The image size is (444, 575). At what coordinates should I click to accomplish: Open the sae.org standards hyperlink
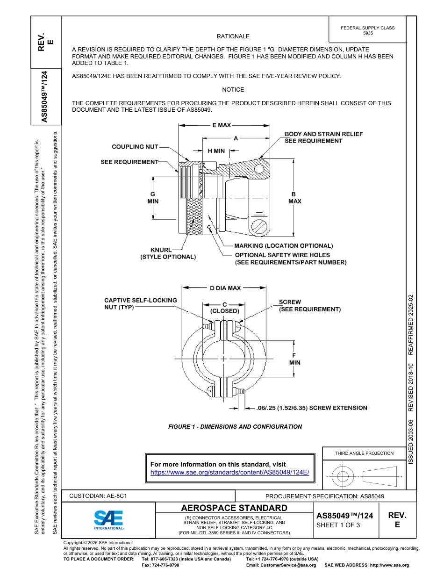click(x=229, y=473)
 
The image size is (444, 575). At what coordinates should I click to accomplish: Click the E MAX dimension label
click(x=221, y=125)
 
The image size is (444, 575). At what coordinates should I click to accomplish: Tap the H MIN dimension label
click(x=216, y=151)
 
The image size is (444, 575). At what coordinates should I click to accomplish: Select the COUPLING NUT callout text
click(x=135, y=147)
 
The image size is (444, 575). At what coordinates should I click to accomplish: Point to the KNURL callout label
click(x=161, y=250)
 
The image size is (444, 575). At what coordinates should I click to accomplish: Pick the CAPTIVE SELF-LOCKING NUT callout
click(x=140, y=303)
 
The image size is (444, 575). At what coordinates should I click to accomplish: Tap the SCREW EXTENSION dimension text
click(x=312, y=408)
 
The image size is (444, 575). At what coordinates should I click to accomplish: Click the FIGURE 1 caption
click(x=235, y=427)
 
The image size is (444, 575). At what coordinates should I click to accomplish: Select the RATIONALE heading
click(x=233, y=36)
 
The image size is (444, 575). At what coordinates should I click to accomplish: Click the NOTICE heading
click(x=233, y=90)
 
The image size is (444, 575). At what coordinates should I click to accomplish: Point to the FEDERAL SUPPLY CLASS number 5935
click(x=368, y=34)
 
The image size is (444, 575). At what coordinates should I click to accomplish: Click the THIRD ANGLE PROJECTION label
click(x=364, y=453)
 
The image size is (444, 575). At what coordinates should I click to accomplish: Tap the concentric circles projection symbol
click(x=343, y=477)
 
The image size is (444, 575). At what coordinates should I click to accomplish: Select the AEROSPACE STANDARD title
click(x=234, y=508)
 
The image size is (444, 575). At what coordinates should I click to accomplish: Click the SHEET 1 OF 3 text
click(x=338, y=525)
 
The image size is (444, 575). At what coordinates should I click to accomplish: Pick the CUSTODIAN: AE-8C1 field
click(x=98, y=496)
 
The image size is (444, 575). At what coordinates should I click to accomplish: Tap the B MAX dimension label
click(x=294, y=198)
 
